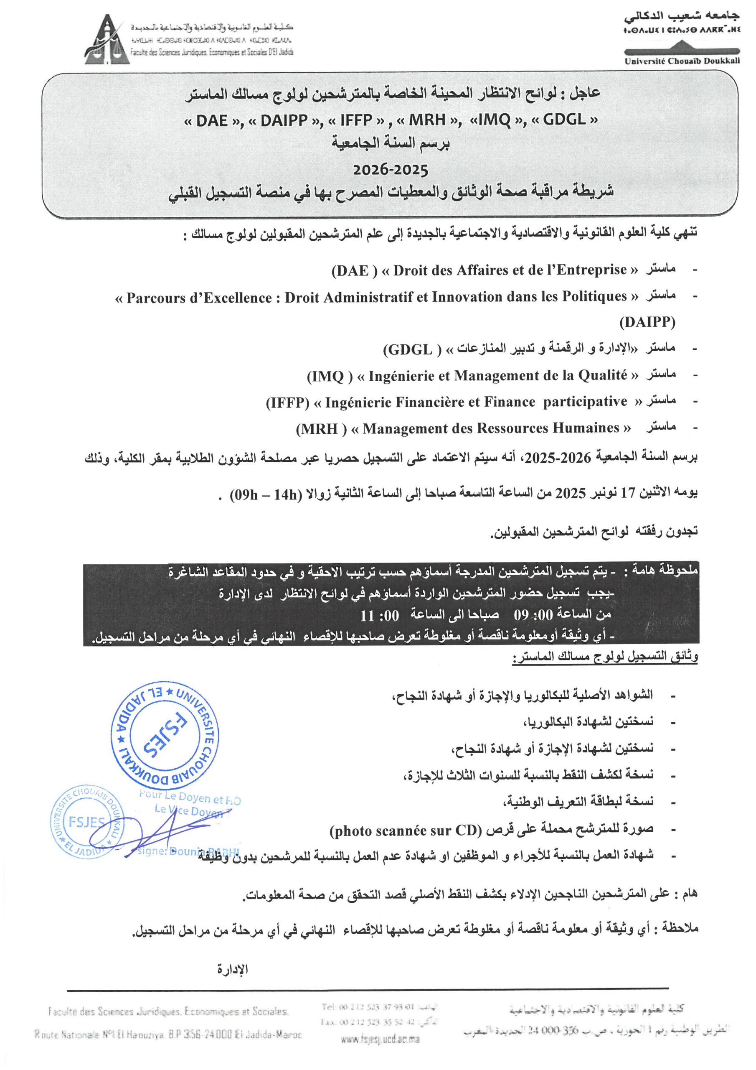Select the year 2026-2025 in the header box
pos(391,170)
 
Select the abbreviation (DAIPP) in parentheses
pos(647,322)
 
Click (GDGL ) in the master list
pos(413,349)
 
